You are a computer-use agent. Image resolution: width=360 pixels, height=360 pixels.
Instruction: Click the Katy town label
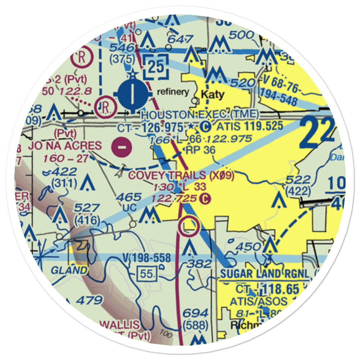coord(212,95)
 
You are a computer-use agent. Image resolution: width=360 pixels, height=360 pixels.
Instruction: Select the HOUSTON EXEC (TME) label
coord(200,115)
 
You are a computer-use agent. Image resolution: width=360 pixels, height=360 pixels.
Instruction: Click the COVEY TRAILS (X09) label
coord(181,175)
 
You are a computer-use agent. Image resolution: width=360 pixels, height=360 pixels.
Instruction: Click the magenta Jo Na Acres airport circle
coord(122,147)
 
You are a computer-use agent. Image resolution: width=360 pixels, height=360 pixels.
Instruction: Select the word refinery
coord(172,92)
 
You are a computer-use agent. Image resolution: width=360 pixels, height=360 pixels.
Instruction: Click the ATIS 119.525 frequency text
coord(250,126)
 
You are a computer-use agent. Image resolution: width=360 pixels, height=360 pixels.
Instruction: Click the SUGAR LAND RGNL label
coord(265,274)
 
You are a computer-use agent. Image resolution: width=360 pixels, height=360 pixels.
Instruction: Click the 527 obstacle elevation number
coord(86,208)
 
